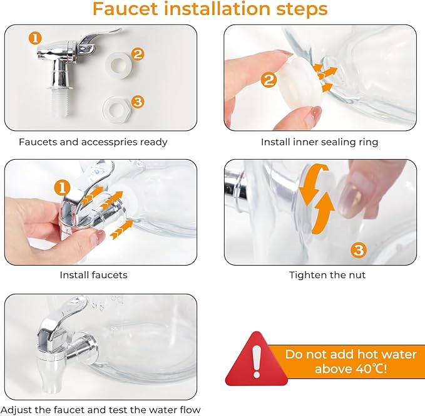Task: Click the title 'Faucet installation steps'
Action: click(x=210, y=9)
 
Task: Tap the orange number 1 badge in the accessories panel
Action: click(x=35, y=38)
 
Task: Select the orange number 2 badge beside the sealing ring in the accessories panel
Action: click(x=138, y=54)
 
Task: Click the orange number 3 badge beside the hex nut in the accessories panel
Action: click(x=138, y=101)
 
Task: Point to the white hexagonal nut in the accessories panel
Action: click(x=117, y=109)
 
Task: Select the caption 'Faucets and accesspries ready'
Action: click(x=93, y=142)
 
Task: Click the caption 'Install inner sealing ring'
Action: click(x=320, y=142)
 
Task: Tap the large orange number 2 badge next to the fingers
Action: click(x=269, y=80)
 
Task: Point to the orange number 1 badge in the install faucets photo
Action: click(x=63, y=188)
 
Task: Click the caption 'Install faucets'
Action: click(x=93, y=275)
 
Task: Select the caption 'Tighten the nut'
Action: click(x=327, y=275)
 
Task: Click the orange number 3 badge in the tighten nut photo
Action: click(x=359, y=250)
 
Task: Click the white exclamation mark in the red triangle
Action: click(x=257, y=361)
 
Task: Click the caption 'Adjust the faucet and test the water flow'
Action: click(x=101, y=410)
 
